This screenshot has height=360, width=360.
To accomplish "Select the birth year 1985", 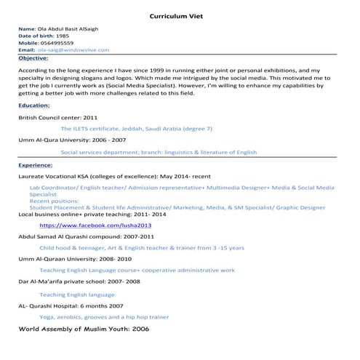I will (x=63, y=36).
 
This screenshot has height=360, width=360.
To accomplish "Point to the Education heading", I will (x=34, y=105).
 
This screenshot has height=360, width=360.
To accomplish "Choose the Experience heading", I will (x=36, y=164).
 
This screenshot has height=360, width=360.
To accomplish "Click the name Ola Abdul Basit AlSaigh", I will (x=71, y=28).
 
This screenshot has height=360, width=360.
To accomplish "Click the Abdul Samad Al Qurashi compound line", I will (x=86, y=236).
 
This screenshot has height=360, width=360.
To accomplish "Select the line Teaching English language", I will (x=77, y=295).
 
